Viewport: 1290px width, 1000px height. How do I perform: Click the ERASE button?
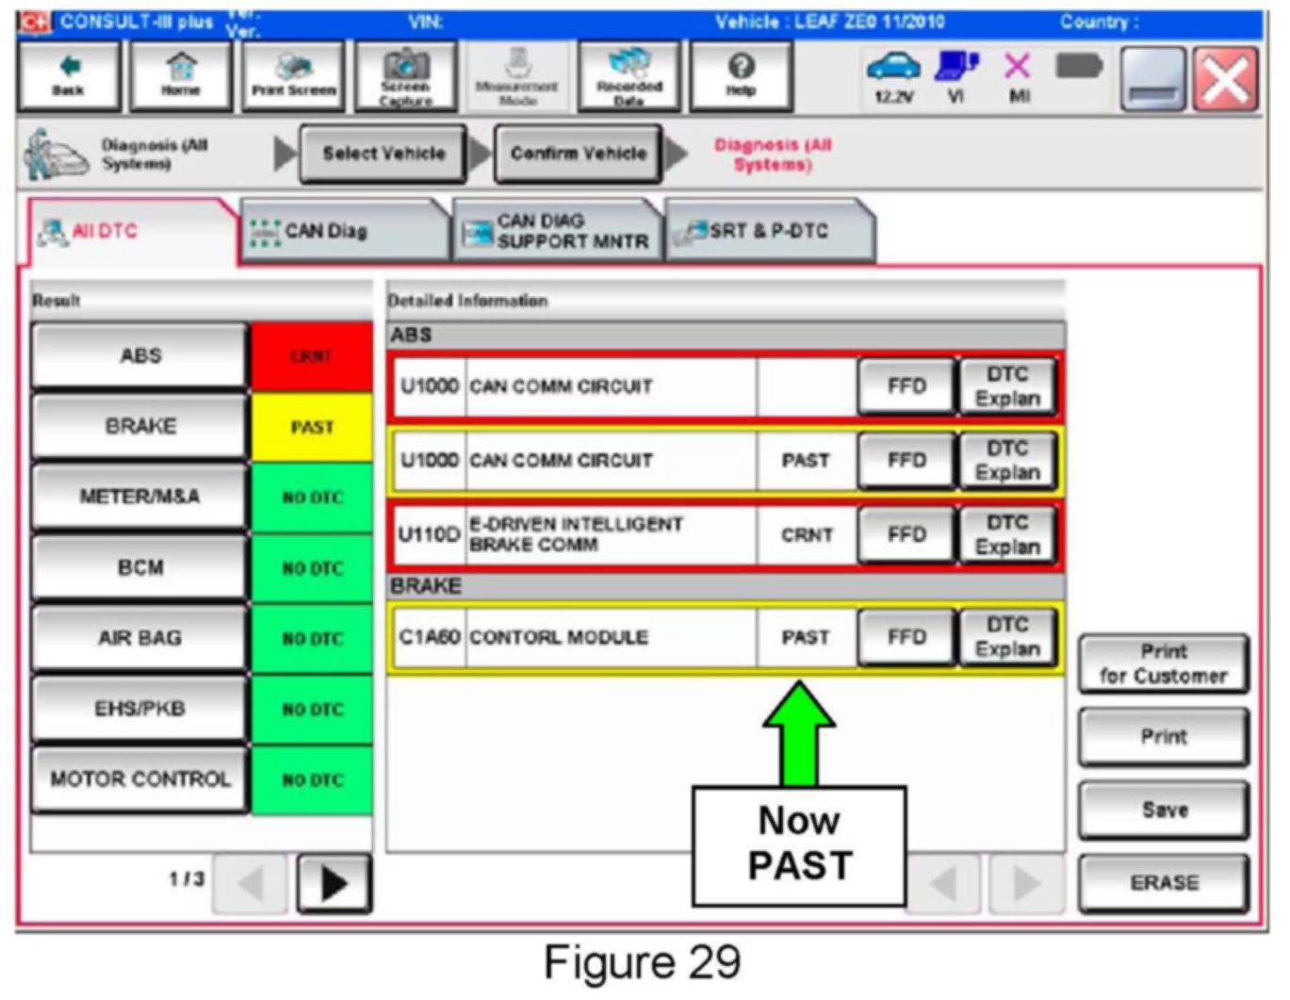(x=1164, y=882)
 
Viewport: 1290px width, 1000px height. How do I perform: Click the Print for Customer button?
(x=1164, y=664)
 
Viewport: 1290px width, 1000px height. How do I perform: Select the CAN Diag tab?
(x=344, y=231)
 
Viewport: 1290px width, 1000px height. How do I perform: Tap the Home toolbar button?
(x=180, y=75)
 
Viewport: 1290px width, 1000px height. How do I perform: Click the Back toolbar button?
(x=68, y=75)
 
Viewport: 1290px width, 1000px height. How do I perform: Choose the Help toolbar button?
(x=741, y=75)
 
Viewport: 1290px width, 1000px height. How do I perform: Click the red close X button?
(x=1225, y=79)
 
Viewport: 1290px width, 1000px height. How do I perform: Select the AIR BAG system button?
(x=139, y=638)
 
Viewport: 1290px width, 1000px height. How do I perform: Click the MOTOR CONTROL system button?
(x=139, y=779)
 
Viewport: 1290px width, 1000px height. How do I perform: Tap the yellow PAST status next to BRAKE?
(x=312, y=427)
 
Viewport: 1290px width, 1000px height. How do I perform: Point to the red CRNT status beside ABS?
(x=312, y=356)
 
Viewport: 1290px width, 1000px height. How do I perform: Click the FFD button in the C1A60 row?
(x=906, y=637)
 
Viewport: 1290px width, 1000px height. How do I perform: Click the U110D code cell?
(x=429, y=534)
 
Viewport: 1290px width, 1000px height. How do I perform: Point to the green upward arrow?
(x=799, y=731)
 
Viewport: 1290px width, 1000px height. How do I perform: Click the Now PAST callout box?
(x=799, y=844)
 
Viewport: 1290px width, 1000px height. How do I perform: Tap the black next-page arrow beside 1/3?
(x=334, y=883)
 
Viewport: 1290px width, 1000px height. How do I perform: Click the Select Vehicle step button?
(x=384, y=154)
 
